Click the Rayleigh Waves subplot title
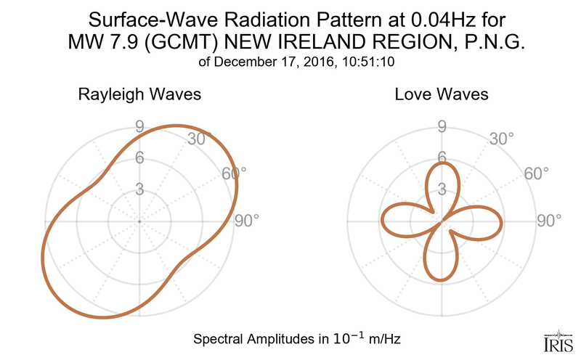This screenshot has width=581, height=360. [x=139, y=94]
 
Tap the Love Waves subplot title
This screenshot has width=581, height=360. [x=441, y=94]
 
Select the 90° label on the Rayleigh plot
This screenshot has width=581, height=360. [x=247, y=221]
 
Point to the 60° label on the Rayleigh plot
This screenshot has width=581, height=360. [x=234, y=173]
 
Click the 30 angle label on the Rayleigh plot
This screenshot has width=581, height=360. [x=195, y=139]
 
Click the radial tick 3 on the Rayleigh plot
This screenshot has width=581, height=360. [x=139, y=189]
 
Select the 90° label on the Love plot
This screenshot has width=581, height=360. [x=549, y=221]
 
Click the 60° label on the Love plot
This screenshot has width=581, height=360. [x=536, y=173]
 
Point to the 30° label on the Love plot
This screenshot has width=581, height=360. [x=501, y=139]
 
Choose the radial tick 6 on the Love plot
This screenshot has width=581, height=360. [x=441, y=157]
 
